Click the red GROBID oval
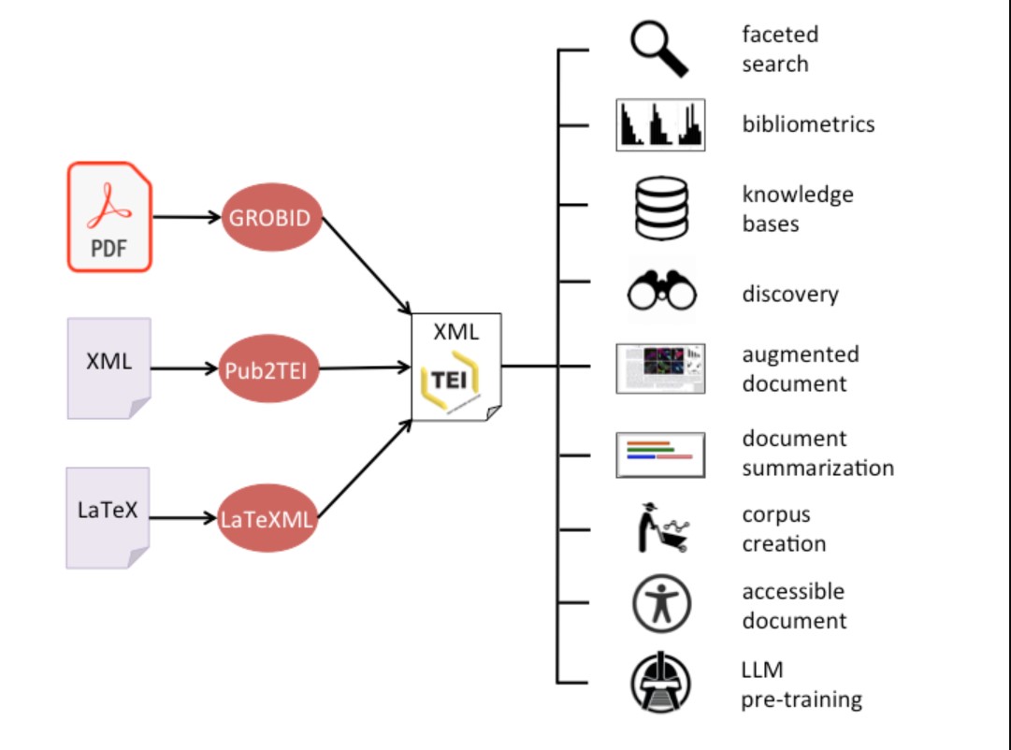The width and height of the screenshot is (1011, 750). point(271,218)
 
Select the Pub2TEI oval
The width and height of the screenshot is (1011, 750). point(270,368)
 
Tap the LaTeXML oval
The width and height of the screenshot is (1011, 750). point(267,518)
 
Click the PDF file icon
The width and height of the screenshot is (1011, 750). point(109,217)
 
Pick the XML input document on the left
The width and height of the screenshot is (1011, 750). point(108,368)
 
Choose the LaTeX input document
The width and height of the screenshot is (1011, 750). point(108,518)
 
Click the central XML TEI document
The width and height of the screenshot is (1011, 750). point(456,368)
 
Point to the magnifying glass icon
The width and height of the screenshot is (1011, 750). point(658,49)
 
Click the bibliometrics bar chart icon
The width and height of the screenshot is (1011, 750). point(660,124)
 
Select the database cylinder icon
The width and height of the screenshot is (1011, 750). point(660,208)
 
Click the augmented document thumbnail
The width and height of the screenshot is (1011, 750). point(660,368)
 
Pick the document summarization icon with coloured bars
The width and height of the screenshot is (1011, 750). point(660,454)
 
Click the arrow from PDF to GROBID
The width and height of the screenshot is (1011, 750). point(186,218)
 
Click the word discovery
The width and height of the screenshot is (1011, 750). point(790,294)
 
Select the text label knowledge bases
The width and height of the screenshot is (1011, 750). point(798,209)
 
